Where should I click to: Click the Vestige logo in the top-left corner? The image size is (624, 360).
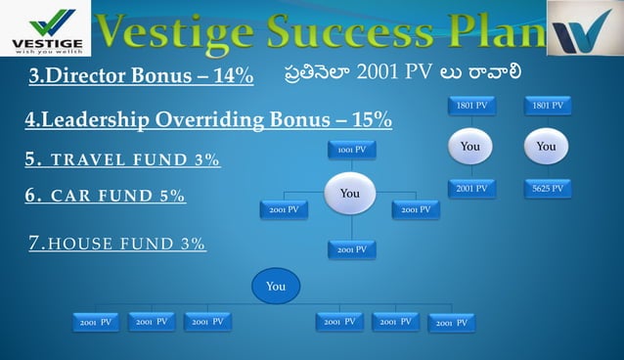45,28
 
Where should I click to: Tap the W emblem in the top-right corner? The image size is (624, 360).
584,28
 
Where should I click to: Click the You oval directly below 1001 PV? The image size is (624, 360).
349,193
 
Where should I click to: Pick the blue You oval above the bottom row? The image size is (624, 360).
276,286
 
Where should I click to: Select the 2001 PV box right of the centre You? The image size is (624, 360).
417,209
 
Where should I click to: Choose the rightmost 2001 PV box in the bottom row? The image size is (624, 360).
451,322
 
